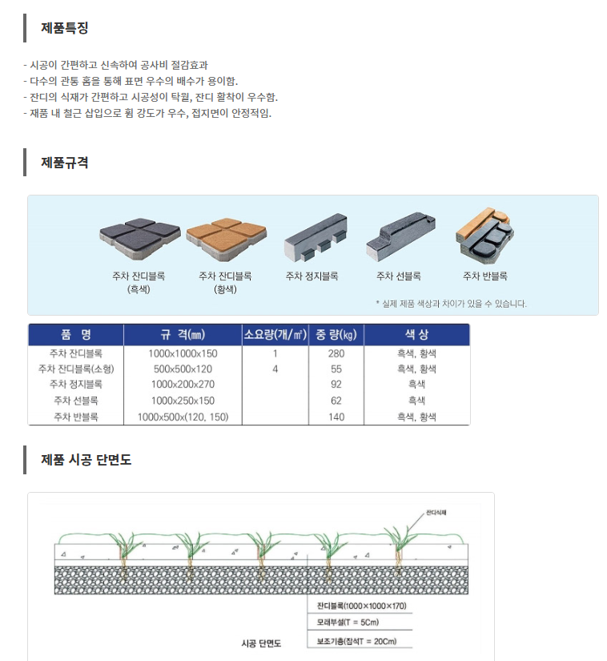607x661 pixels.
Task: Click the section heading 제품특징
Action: [x=64, y=28]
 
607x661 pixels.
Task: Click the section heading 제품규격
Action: [x=64, y=163]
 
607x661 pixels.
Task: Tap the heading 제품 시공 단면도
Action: [x=86, y=460]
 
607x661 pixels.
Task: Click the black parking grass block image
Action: [x=140, y=239]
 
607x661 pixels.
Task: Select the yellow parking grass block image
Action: [x=226, y=239]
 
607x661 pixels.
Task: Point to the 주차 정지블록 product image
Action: [x=316, y=236]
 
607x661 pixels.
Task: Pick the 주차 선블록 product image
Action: [x=400, y=236]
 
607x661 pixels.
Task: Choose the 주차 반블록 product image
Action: [x=484, y=236]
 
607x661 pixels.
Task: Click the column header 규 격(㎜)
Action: [x=183, y=335]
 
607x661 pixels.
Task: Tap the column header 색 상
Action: [x=416, y=335]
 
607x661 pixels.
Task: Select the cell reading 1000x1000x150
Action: [x=183, y=353]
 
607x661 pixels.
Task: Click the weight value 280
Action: [x=336, y=353]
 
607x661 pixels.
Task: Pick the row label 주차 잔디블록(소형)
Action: [x=76, y=369]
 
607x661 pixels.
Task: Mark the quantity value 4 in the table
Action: [x=275, y=369]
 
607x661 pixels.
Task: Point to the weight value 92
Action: [x=336, y=385]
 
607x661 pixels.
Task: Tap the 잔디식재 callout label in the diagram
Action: [x=436, y=513]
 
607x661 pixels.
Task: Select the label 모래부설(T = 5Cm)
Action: [x=348, y=623]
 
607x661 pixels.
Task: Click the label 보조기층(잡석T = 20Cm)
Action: [x=357, y=641]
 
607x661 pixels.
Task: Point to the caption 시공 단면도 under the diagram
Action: [x=261, y=643]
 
